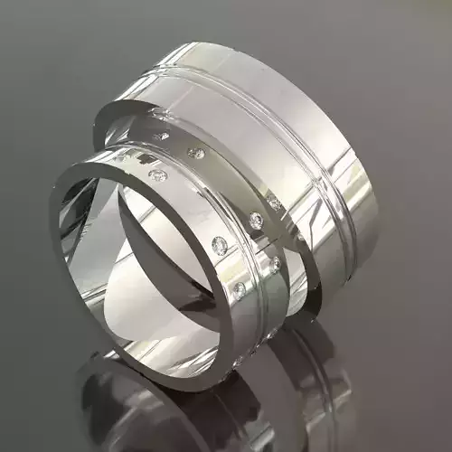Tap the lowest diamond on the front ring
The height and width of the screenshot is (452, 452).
pos(240,289)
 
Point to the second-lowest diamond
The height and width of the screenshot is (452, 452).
pos(274,264)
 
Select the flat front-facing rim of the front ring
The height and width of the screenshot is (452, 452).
pos(90,298)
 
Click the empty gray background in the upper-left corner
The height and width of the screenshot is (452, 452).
pos(36,36)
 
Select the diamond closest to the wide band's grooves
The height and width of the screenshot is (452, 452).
pos(274,204)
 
